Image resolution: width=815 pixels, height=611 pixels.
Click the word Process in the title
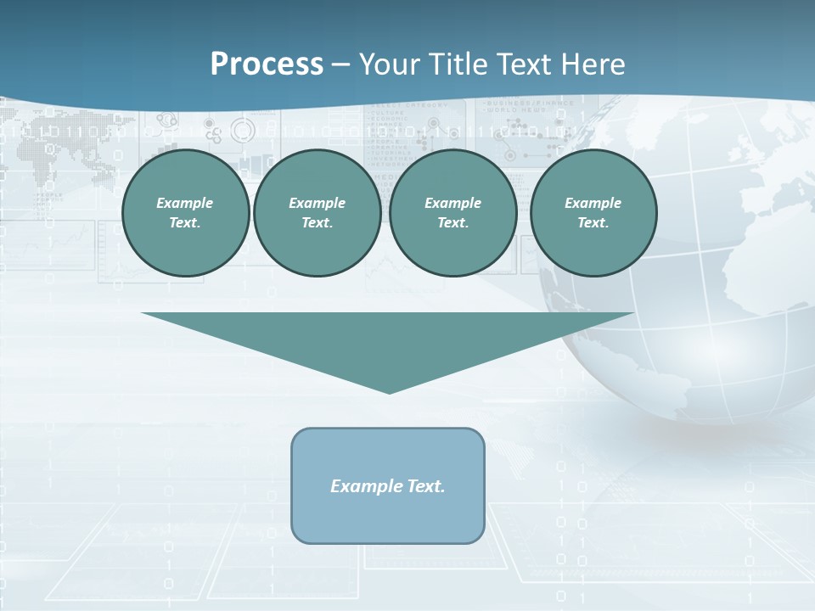(x=267, y=64)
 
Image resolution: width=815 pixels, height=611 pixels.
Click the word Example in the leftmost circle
(x=185, y=203)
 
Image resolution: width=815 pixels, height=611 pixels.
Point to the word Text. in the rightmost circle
(x=593, y=222)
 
